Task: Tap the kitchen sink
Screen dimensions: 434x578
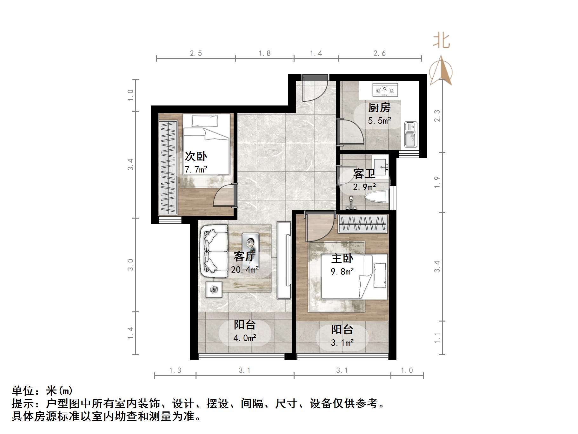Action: pos(410,134)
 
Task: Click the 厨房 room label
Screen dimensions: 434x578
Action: pos(379,108)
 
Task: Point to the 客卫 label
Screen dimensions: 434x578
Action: pos(364,174)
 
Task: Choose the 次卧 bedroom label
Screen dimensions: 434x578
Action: pos(196,156)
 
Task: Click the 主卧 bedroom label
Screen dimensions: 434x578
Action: pos(342,258)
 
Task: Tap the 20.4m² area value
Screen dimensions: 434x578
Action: pos(245,270)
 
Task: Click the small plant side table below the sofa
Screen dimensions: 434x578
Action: pos(214,289)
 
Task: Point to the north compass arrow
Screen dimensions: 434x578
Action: pos(441,71)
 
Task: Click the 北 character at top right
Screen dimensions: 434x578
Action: pos(442,41)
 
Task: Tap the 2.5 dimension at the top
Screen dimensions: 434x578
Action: pos(196,53)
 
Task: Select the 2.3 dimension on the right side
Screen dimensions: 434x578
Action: pos(437,116)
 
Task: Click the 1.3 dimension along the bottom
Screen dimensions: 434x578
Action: pos(175,370)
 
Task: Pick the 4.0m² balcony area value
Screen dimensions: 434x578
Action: pos(245,338)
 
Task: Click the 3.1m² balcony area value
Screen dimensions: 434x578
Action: pos(342,342)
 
